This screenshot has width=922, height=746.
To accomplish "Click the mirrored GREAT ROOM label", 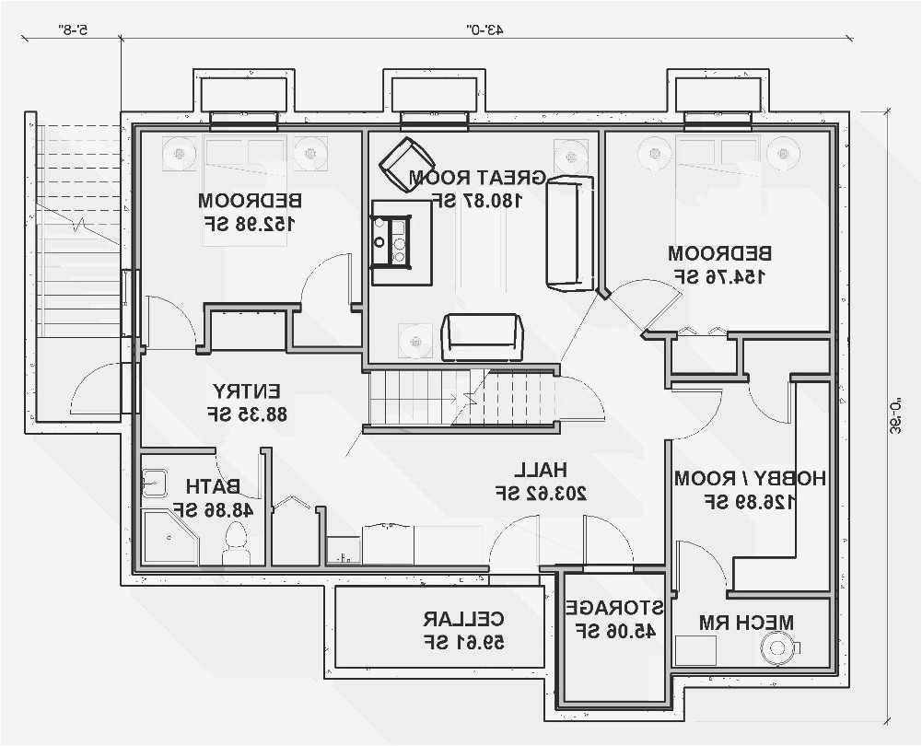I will coord(477,177).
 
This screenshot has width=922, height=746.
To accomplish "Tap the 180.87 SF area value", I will coord(477,200).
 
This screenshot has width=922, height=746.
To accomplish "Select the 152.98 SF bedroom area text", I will coord(250,223).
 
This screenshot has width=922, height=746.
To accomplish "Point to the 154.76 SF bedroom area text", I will coord(719,275).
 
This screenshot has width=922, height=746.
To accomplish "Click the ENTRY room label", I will coord(247,390).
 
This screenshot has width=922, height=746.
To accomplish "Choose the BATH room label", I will coord(213,485).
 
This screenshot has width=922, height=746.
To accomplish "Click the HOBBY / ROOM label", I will coord(750,478).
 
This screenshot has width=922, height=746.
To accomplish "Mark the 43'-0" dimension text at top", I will coord(483,29).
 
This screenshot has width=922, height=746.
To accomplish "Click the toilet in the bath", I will coord(237,543).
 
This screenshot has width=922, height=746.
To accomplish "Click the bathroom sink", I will coord(154,484).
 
